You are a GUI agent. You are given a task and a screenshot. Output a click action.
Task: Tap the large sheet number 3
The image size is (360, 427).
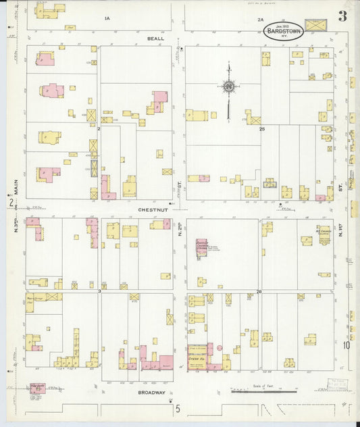click(343, 16)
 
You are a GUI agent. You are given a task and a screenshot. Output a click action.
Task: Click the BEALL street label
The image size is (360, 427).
click(155, 39)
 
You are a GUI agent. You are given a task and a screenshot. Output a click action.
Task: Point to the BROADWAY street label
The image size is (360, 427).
click(151, 393)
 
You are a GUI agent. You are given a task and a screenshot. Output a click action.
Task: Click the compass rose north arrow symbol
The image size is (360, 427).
click(228, 86)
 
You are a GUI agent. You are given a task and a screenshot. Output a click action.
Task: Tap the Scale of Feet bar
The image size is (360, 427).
click(263, 391)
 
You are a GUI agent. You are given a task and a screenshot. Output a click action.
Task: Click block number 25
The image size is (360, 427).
click(262, 128)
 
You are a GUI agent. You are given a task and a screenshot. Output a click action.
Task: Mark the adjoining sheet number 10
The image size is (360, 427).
click(346, 345)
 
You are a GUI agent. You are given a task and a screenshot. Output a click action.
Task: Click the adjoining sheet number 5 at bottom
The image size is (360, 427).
click(178, 408)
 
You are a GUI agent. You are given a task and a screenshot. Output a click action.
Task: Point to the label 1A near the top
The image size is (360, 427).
click(107, 18)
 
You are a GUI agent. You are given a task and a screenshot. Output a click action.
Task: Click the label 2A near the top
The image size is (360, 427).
click(260, 20)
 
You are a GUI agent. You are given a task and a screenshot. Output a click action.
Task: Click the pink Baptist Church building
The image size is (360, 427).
click(201, 249)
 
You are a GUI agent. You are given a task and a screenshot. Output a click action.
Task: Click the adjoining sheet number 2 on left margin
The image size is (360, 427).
click(10, 202)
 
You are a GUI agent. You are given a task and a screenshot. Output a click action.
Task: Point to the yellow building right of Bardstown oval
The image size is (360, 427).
click(315, 25)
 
